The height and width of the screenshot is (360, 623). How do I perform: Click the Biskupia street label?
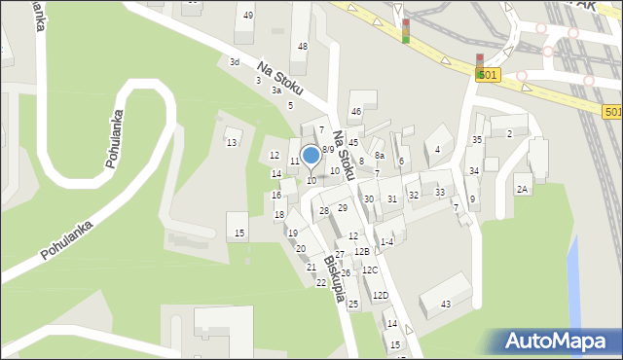[x=335, y=279]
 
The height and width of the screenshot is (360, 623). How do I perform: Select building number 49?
[x=248, y=15]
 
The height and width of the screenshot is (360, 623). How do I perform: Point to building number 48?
[x=303, y=47]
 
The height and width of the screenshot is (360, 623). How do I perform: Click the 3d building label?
[x=234, y=61]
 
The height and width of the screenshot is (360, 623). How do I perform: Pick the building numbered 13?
[x=231, y=143]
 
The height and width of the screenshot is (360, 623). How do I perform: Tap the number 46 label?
[x=356, y=112]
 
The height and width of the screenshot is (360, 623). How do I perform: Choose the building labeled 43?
[x=446, y=305]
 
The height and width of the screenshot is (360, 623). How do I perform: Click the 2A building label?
[x=523, y=190]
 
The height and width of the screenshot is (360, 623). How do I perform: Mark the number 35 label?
[x=477, y=140]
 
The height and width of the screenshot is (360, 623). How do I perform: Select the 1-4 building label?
[x=386, y=242]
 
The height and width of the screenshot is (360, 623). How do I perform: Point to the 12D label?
[x=380, y=296]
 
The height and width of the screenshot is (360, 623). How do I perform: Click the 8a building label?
[x=380, y=156]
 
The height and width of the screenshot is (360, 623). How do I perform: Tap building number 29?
[x=343, y=208]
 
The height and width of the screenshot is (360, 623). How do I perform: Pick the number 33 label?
[x=440, y=193]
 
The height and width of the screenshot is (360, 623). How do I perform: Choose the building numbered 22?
[x=321, y=283]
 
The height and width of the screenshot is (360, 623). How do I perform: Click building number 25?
[x=353, y=305]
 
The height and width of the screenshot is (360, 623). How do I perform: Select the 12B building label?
[x=361, y=252]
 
